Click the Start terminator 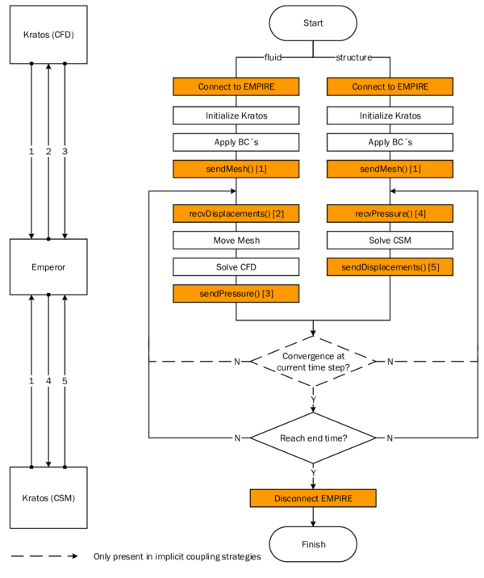313,23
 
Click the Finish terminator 313,544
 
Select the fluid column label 273,58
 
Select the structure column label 353,58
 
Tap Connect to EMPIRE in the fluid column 236,87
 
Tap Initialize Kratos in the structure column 390,115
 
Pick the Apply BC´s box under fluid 236,142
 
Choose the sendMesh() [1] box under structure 390,169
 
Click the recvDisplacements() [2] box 236,214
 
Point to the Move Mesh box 236,241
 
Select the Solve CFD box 236,267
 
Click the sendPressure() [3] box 236,294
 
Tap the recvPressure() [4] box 390,214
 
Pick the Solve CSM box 390,241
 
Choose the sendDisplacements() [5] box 390,267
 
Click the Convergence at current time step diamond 313,362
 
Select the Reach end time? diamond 313,438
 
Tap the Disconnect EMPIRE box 313,498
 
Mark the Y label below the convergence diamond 313,400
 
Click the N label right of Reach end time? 390,438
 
